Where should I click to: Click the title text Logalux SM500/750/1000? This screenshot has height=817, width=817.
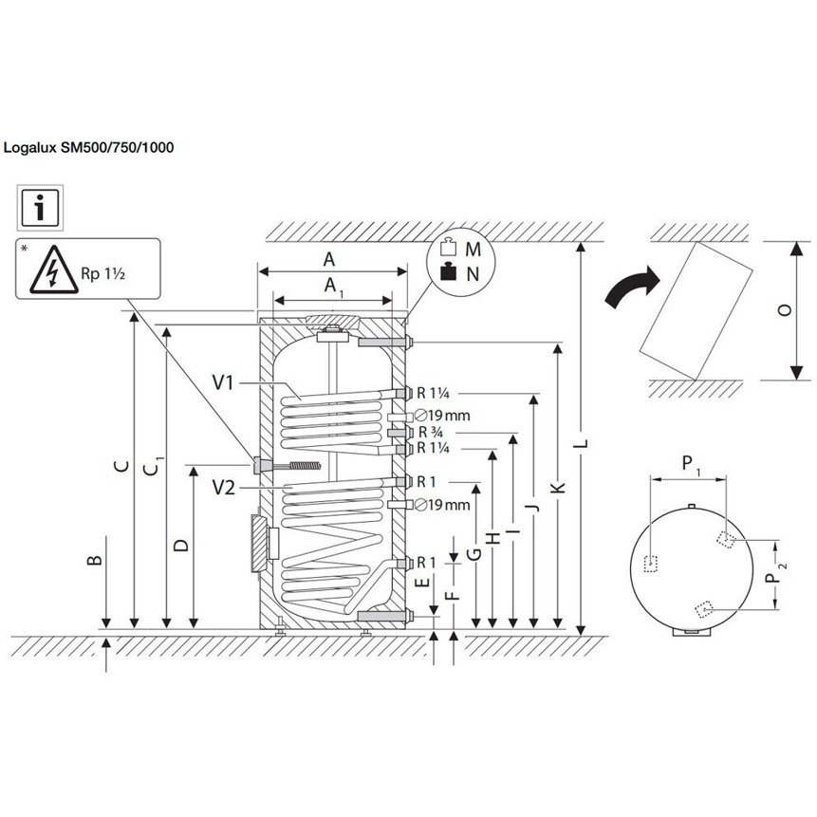[89, 147]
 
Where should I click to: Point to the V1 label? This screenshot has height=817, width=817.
[224, 382]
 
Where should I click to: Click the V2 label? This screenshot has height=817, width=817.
[224, 488]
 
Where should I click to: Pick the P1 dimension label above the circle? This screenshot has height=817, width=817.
[691, 463]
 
